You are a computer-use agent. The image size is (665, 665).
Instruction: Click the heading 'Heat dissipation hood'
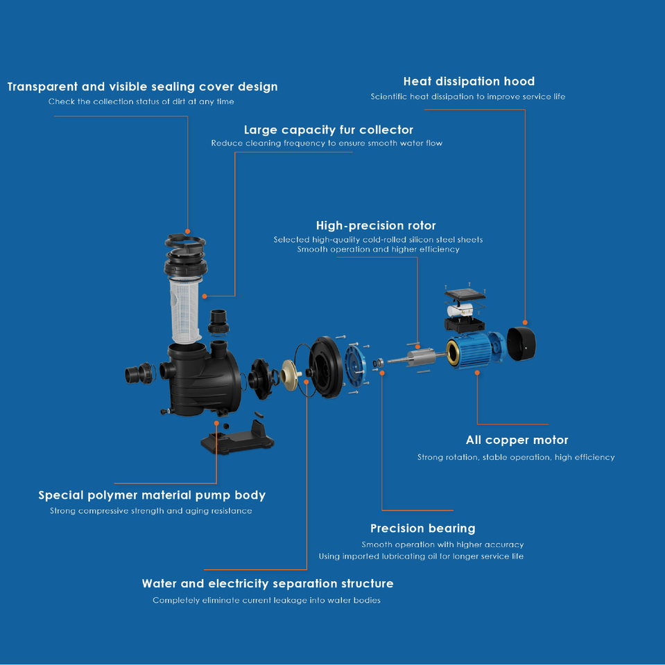click(469, 82)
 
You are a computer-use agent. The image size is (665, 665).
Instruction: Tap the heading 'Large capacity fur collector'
click(328, 130)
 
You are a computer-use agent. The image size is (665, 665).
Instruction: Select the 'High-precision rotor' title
click(376, 226)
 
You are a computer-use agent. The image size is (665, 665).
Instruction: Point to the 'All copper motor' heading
click(517, 440)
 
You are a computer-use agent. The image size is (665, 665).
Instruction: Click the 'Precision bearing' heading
click(422, 529)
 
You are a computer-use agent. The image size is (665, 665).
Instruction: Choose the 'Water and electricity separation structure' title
click(268, 584)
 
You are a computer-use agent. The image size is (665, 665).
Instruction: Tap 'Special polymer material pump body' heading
click(152, 495)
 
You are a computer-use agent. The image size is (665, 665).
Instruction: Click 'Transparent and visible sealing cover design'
click(142, 87)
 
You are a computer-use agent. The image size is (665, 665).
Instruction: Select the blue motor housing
click(476, 351)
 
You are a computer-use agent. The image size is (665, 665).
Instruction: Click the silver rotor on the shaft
click(420, 359)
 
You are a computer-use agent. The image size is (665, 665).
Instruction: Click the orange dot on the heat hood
click(525, 322)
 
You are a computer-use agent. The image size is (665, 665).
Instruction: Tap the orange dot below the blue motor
click(477, 373)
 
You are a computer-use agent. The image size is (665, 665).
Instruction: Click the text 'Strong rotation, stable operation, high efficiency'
click(516, 457)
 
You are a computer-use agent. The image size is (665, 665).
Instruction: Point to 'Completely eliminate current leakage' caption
click(266, 601)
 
